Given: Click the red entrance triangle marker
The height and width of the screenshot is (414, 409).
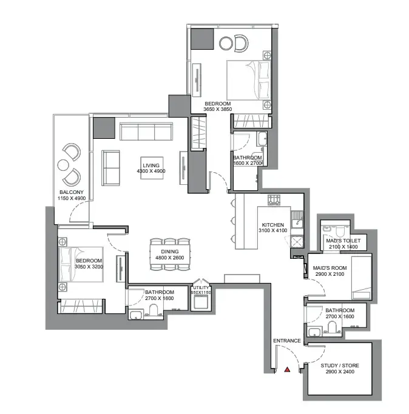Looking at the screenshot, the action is click(x=287, y=370).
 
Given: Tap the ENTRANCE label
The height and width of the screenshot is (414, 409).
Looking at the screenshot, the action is click(x=287, y=341).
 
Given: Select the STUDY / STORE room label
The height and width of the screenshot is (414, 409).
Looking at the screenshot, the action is click(x=340, y=366).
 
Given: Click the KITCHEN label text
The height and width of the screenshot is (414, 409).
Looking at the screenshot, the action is click(x=273, y=225).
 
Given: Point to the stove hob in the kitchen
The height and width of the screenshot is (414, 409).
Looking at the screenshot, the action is click(x=274, y=200).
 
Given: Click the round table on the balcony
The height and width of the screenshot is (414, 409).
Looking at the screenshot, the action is click(x=63, y=165).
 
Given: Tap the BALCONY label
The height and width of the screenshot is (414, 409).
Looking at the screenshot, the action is click(x=72, y=192).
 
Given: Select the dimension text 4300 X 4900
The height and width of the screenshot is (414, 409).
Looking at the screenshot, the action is click(x=151, y=171).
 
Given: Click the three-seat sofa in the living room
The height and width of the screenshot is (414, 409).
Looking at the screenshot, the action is click(x=146, y=131).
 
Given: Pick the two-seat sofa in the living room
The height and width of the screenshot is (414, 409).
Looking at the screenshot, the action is click(x=110, y=168).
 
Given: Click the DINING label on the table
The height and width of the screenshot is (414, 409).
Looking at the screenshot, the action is click(x=170, y=252).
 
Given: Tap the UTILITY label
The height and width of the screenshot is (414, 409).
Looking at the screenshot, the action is click(x=201, y=287).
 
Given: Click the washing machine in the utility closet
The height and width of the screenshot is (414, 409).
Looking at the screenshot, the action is click(x=201, y=302).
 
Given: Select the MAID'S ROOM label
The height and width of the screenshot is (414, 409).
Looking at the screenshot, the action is click(x=330, y=268).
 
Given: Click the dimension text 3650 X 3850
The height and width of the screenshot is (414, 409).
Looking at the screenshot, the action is click(x=218, y=109).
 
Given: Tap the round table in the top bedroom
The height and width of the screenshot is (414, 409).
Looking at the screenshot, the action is click(x=226, y=43).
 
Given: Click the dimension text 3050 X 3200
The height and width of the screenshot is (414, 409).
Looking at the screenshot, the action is click(x=89, y=267).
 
